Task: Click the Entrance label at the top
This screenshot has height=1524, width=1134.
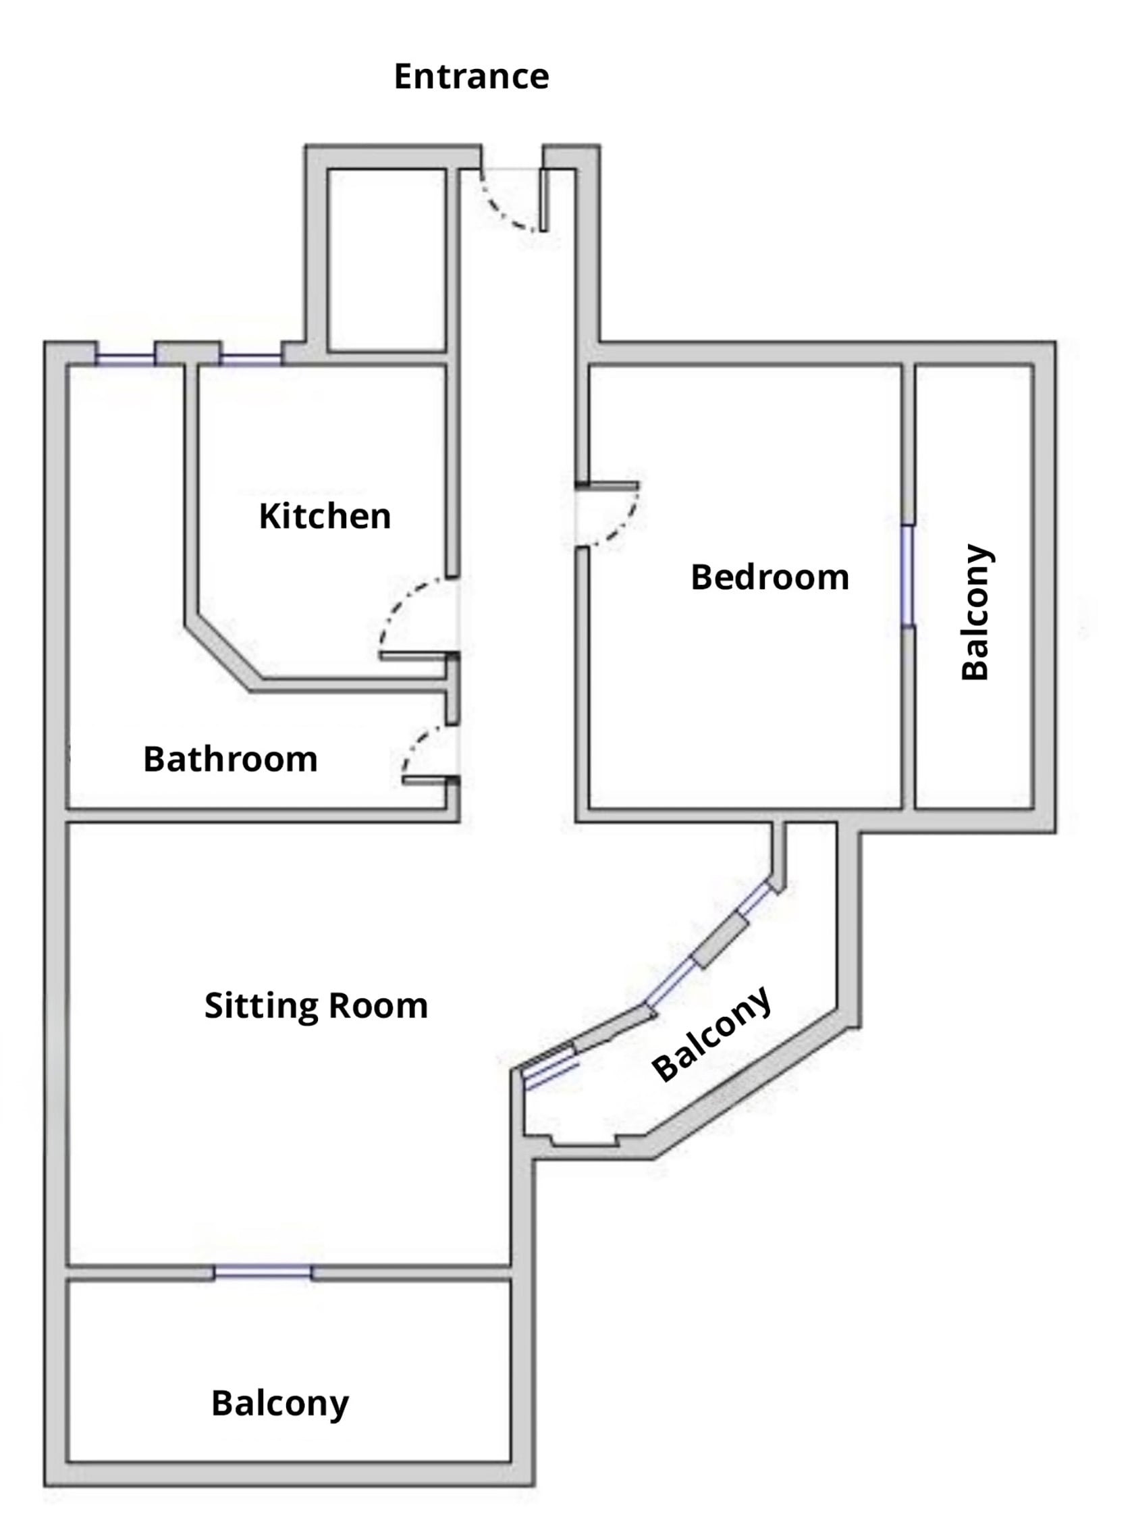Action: click(471, 76)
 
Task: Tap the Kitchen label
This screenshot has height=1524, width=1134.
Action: click(325, 517)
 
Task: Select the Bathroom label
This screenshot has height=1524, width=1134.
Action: click(230, 759)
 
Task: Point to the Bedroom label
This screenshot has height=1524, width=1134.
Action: click(769, 577)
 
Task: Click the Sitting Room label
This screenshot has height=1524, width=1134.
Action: click(316, 1005)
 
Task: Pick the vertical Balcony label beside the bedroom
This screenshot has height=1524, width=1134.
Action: click(975, 612)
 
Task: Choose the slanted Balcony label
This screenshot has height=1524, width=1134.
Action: click(712, 1035)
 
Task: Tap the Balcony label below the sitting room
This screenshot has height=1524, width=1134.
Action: click(280, 1403)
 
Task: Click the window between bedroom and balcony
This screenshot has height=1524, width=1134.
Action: click(908, 575)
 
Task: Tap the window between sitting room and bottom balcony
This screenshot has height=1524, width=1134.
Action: click(263, 1273)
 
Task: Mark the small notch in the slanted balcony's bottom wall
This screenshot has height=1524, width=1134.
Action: click(585, 1140)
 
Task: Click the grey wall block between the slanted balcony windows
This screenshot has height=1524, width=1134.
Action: click(720, 941)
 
